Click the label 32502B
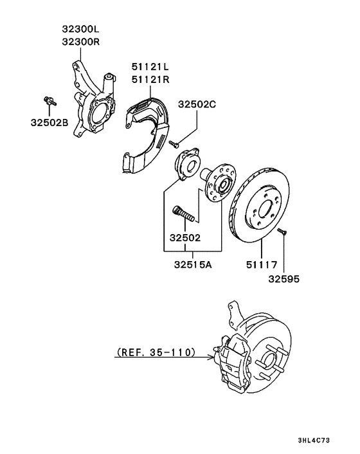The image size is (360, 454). pyautogui.click(x=48, y=122)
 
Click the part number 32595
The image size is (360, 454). pyautogui.click(x=283, y=279)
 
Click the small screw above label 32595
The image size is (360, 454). pyautogui.click(x=281, y=232)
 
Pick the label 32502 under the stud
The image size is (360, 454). pyautogui.click(x=185, y=237)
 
